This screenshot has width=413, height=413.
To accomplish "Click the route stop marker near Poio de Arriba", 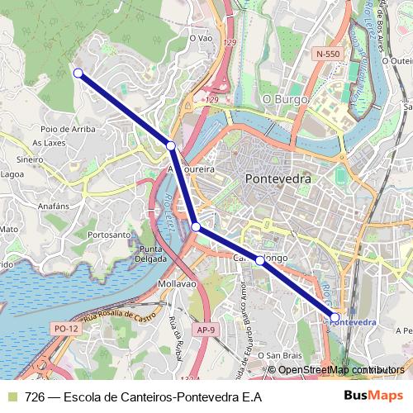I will point(78,74).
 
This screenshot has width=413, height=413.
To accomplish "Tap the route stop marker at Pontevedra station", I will point(335,317).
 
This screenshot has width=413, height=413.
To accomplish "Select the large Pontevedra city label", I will point(277,178).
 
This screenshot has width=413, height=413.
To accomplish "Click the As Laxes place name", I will point(47,143).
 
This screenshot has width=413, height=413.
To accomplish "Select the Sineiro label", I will point(29,159).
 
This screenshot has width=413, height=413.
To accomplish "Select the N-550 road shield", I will point(327,54).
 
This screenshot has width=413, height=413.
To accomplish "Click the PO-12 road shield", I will point(66,328).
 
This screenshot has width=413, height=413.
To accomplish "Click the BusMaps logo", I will point(373,396).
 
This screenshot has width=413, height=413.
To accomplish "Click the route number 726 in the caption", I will point(35,396).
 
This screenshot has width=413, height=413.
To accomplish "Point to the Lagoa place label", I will point(12,175).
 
